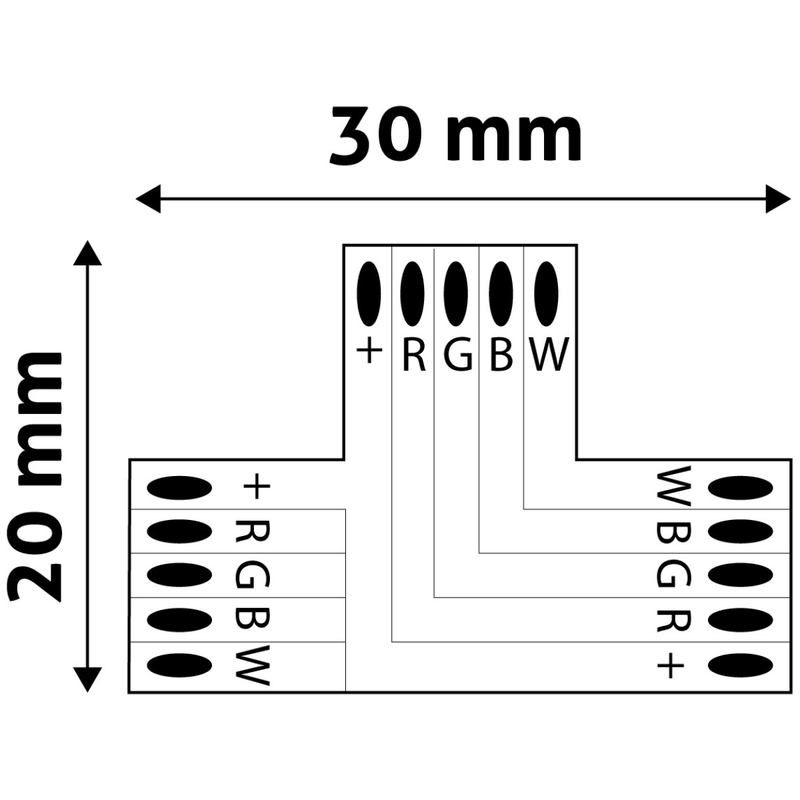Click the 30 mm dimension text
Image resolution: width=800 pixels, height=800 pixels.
(x=456, y=137)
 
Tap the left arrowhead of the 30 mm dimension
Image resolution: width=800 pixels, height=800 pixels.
(x=148, y=199)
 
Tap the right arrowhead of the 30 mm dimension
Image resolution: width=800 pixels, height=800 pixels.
(x=777, y=199)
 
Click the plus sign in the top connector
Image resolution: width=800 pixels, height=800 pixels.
(x=369, y=351)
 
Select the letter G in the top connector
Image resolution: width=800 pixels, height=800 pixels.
(x=457, y=355)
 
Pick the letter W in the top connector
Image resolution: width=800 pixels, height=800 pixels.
(x=549, y=355)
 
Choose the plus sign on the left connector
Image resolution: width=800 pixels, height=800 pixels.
(x=257, y=487)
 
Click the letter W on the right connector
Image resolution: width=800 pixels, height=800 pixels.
(x=673, y=487)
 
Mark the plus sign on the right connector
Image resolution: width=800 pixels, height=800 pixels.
(x=671, y=665)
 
